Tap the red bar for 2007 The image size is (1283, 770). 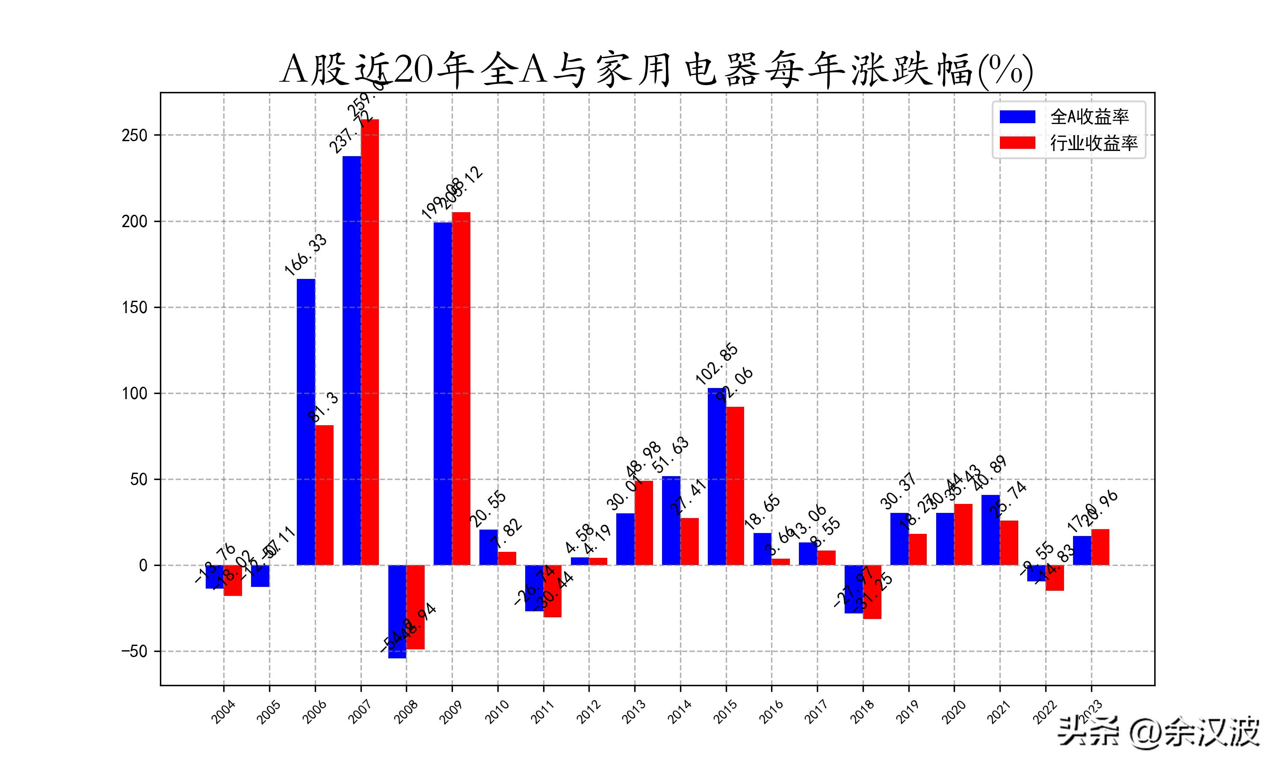[x=370, y=343]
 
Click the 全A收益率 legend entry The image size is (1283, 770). [x=1068, y=117]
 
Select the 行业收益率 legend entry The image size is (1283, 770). [x=1068, y=143]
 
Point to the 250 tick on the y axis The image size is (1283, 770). [x=134, y=136]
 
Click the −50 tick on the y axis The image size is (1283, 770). [x=134, y=651]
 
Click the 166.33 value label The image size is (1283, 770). [x=306, y=255]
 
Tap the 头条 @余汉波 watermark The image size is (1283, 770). [x=1159, y=733]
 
